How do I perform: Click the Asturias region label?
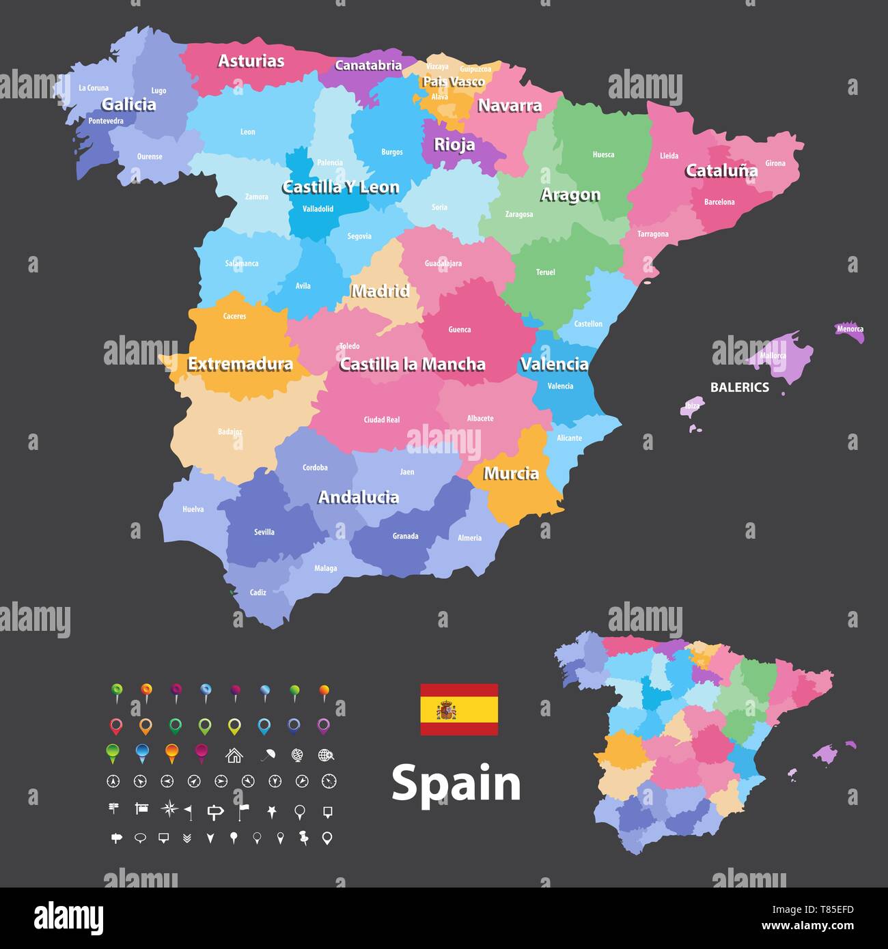(x=251, y=61)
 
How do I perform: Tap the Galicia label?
(x=128, y=104)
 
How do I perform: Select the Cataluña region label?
(x=721, y=171)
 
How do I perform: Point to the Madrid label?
(x=380, y=292)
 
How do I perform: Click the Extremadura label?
(x=240, y=364)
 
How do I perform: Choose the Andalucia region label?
(x=359, y=498)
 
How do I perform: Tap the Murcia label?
(x=511, y=474)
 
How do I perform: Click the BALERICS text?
(x=739, y=387)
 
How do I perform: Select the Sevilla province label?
(x=264, y=532)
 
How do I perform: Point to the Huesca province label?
(x=603, y=155)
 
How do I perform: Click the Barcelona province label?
(x=719, y=202)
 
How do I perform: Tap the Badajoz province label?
(x=230, y=431)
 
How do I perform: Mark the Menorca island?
(x=850, y=330)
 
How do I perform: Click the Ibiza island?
(x=692, y=406)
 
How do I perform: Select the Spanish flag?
(x=459, y=709)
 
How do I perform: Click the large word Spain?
(x=456, y=783)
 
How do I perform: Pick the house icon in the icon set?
(x=234, y=755)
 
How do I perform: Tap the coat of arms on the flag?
(x=447, y=710)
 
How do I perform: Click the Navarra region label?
(x=509, y=106)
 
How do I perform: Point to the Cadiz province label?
(x=258, y=593)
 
